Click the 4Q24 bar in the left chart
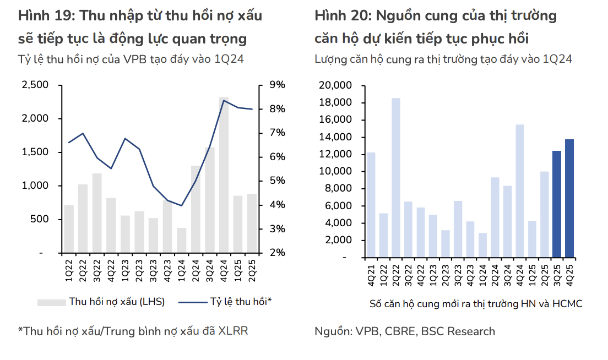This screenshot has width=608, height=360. coord(224,175)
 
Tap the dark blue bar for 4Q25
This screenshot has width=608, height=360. coord(569,198)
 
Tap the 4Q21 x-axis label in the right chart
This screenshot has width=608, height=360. coord(371,274)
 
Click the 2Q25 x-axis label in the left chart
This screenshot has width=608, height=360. coord(252,270)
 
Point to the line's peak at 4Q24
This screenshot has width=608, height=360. coord(224,100)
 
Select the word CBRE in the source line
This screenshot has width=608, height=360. coord(400,331)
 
